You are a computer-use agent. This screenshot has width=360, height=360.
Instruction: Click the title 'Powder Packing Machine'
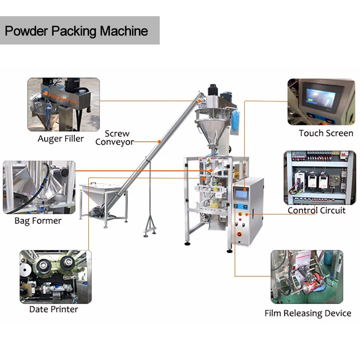click(76, 31)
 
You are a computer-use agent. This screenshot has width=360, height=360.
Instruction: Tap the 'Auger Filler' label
click(61, 139)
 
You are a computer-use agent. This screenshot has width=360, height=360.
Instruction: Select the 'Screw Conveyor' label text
click(115, 138)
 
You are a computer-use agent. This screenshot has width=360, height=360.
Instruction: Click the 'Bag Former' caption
click(38, 221)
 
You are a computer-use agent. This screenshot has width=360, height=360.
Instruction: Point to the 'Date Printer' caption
click(54, 309)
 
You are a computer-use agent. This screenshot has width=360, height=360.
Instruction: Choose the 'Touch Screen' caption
click(326, 133)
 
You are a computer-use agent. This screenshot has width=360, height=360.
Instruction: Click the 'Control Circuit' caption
click(317, 210)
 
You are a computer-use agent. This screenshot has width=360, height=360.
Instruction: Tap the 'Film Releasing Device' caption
click(308, 313)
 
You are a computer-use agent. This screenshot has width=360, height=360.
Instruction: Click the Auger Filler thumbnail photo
click(63, 104)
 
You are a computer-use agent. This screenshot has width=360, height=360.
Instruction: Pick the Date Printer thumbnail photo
click(55, 276)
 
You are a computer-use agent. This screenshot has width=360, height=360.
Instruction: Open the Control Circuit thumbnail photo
click(319, 178)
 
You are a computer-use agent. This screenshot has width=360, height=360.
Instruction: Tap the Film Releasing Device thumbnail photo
click(306, 277)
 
